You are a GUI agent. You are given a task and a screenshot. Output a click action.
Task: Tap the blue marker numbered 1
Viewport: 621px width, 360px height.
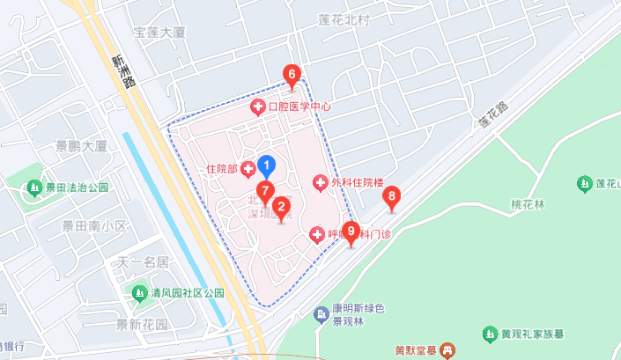click(269, 165)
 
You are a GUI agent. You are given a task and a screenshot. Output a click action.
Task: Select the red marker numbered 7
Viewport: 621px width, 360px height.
click(265, 191)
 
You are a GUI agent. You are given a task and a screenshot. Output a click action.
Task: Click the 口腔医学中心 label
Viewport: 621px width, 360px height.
click(299, 107)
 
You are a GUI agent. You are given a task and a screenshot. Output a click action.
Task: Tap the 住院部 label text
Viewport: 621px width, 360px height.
click(222, 167)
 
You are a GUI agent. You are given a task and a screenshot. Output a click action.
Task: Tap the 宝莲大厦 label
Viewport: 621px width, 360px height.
click(159, 33)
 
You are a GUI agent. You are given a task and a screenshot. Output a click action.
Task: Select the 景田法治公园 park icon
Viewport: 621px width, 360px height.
click(34, 187)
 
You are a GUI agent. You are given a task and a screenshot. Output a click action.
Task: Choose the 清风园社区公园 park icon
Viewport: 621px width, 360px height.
click(138, 292)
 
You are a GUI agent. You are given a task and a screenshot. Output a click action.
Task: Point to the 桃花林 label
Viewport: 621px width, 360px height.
click(529, 205)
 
